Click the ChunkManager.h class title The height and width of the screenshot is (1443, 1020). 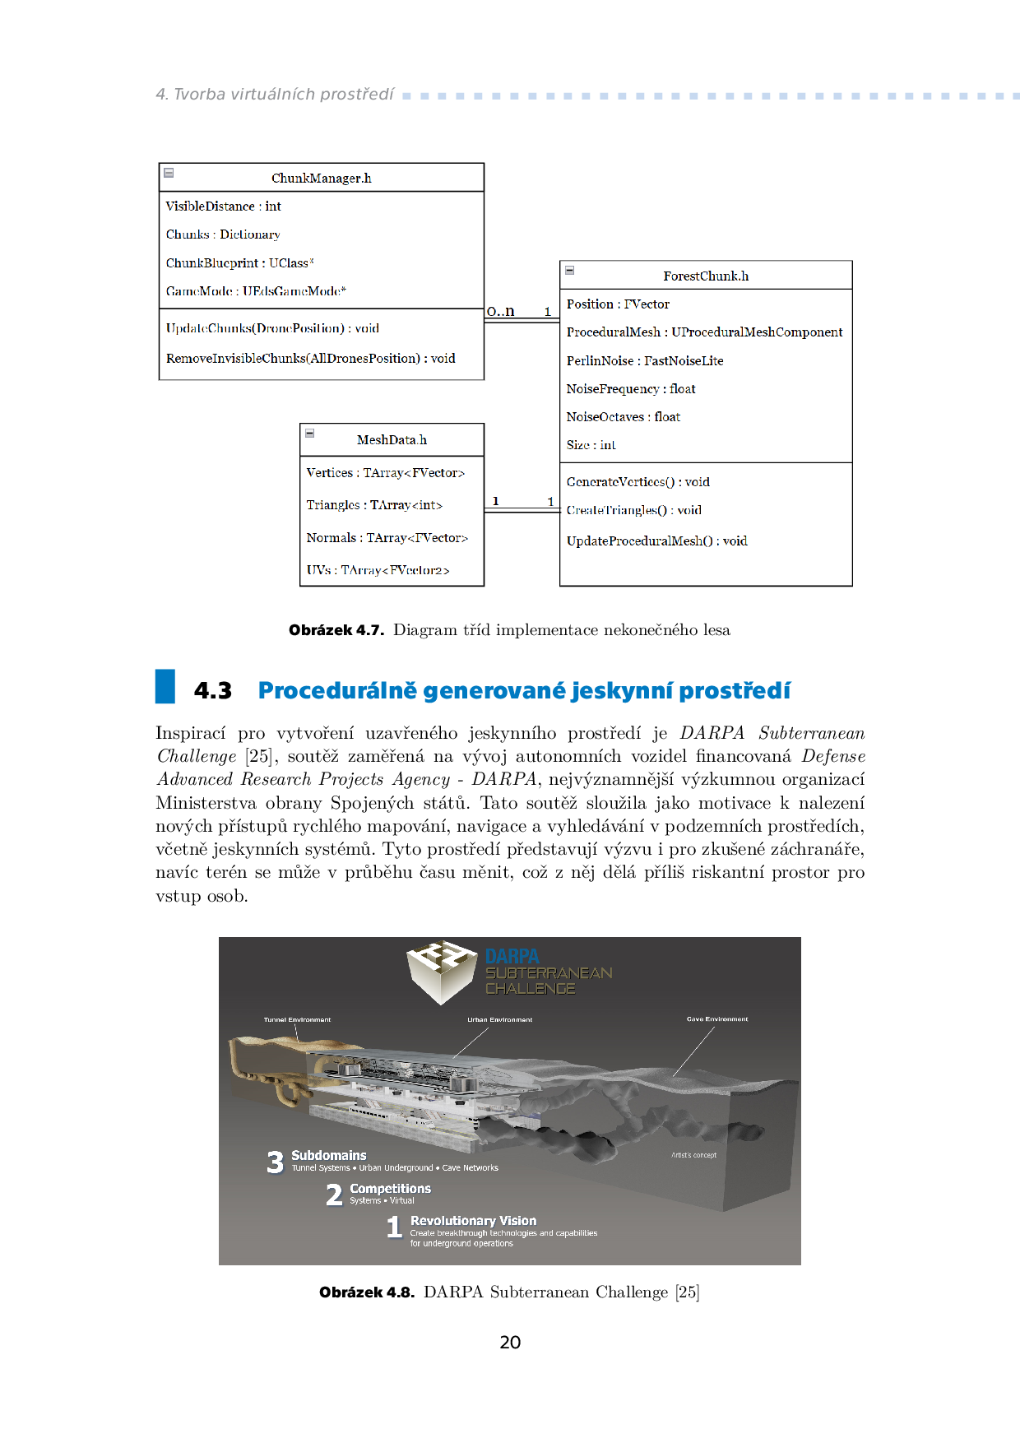point(321,179)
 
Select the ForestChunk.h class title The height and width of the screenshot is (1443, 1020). point(706,276)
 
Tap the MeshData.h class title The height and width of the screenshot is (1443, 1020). point(392,440)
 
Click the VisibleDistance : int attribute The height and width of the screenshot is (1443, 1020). point(224,206)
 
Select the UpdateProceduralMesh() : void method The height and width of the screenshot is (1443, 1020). point(656,541)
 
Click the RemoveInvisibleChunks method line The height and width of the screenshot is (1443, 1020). point(310,359)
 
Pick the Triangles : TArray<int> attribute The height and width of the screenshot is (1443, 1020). point(374,505)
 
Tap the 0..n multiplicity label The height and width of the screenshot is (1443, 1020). point(500,311)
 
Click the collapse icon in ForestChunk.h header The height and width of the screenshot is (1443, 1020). point(569,270)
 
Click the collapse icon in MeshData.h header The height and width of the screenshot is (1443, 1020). point(310,433)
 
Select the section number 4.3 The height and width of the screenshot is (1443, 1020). point(213,691)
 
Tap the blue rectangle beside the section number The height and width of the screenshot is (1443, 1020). point(165,686)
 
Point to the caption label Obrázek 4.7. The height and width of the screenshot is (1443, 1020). point(336,630)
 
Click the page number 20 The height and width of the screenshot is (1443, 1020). point(510,1343)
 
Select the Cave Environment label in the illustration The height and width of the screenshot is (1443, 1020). point(717,1019)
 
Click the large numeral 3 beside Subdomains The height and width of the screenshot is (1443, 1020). point(275,1162)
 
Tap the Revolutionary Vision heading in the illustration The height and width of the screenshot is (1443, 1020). point(473,1221)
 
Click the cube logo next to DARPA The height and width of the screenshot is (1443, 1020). point(442,972)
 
